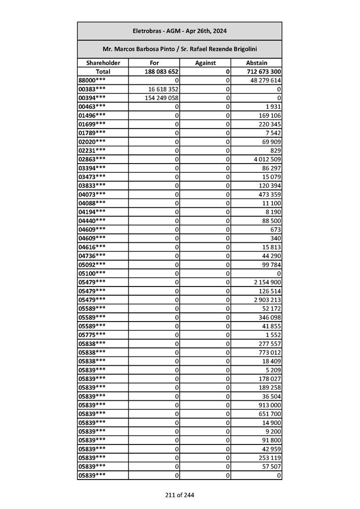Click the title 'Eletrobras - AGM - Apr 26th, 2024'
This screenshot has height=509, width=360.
(x=179, y=31)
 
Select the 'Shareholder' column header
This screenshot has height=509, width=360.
(x=103, y=63)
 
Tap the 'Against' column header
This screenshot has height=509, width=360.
(x=205, y=63)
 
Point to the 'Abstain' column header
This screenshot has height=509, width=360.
(x=256, y=63)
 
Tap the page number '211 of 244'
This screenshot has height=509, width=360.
(x=179, y=495)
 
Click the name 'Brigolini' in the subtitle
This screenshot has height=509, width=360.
(x=242, y=49)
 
